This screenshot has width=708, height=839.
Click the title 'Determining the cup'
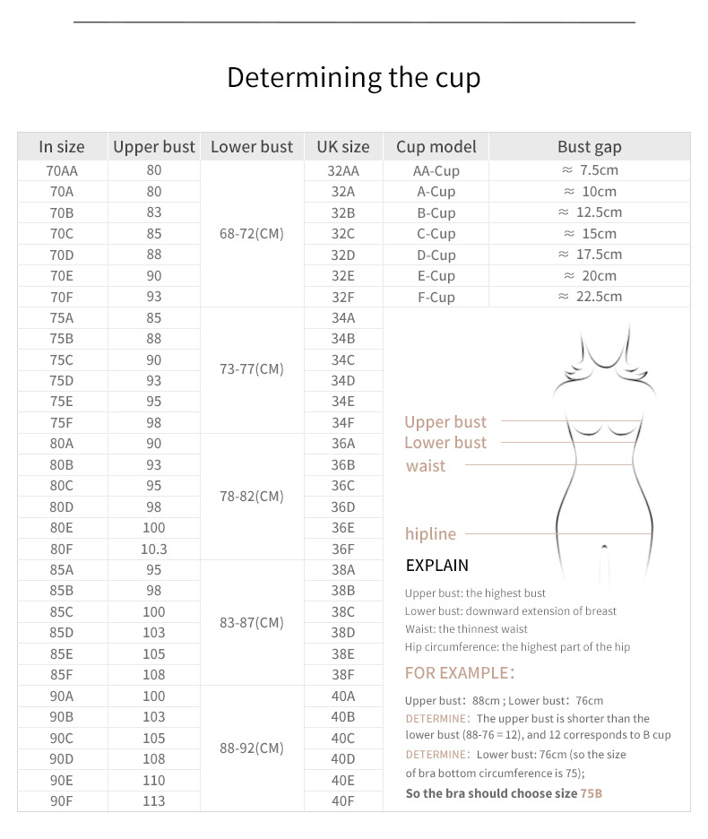coord(353,78)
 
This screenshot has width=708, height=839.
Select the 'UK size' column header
coord(343,147)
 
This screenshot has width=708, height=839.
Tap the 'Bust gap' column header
coord(589,147)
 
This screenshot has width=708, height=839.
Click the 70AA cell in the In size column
coord(62,170)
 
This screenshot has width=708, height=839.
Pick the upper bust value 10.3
coord(153,549)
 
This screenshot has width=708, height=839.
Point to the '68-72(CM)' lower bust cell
coord(251,234)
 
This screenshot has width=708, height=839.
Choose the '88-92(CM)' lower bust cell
coord(251,748)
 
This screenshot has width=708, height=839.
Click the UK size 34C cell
coord(343,360)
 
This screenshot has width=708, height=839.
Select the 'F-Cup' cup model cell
coord(436,297)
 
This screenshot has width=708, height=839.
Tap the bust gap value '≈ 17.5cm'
coord(589,255)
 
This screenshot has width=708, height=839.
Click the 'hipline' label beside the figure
coord(430,534)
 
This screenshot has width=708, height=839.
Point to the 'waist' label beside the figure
coord(426,466)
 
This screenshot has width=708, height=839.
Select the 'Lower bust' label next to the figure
coord(445,443)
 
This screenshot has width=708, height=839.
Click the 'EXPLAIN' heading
coord(437,566)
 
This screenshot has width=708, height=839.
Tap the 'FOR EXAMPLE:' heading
coord(460,673)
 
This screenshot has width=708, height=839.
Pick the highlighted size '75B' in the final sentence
coord(591,793)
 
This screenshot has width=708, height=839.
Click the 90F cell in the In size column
coord(62,801)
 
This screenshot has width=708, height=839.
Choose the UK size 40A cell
coord(343,696)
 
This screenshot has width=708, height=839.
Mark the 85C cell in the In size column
coord(62,612)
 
